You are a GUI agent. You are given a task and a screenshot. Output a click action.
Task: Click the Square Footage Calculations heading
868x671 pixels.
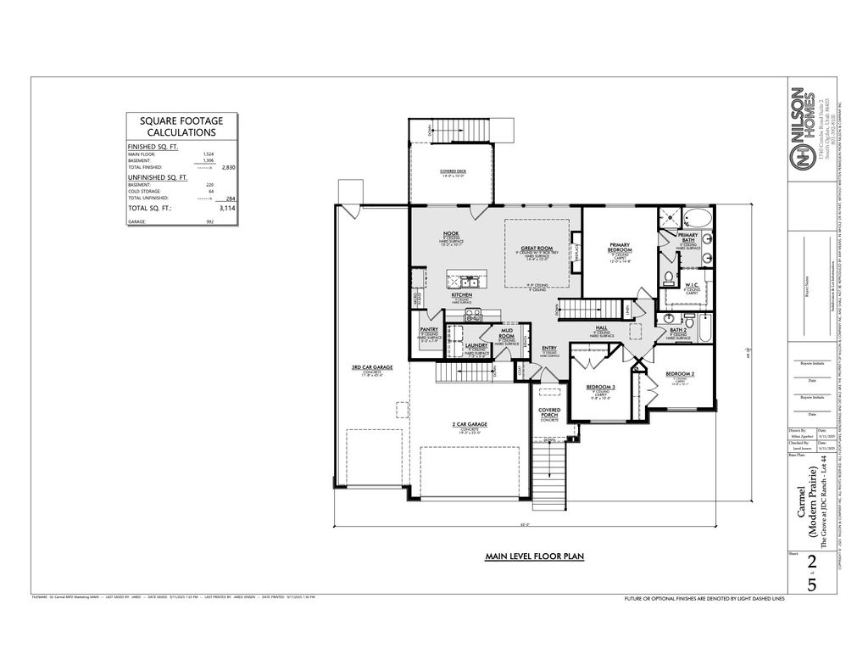tap(181, 126)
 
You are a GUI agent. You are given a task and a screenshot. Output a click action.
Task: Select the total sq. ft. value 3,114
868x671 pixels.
tap(226, 206)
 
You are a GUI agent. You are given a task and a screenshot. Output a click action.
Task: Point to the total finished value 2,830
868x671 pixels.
tap(228, 168)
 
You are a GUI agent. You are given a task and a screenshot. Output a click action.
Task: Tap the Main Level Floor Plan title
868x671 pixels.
tap(534, 556)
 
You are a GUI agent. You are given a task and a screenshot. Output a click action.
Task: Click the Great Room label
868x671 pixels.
tap(537, 249)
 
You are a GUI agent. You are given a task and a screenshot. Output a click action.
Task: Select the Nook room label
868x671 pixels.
tap(450, 233)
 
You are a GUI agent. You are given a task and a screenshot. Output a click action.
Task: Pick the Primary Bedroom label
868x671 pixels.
tap(620, 248)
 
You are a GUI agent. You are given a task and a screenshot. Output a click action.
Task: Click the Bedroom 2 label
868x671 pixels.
tap(680, 374)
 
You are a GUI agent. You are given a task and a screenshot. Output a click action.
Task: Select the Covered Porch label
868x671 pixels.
tap(549, 413)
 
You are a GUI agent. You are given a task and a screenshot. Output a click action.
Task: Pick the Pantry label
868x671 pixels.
tap(428, 330)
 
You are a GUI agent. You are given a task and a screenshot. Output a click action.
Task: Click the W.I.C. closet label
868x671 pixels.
tap(691, 285)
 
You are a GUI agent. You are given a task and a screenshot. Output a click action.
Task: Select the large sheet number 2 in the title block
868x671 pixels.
tap(813, 562)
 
